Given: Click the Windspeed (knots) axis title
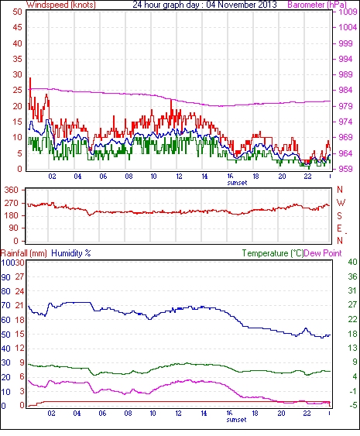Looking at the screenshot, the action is point(61,5).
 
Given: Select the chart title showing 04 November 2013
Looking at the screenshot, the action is point(204,5).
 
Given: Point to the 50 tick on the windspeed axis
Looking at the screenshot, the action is point(18,12).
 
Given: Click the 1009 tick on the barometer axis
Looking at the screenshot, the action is point(348,12).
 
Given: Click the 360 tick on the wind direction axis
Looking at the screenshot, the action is point(12,191).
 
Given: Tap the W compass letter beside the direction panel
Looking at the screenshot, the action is point(341,203).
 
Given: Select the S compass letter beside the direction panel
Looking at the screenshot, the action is point(339,216).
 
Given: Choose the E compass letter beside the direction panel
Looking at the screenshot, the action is point(339,228).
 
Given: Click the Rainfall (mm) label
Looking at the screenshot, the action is point(24,253).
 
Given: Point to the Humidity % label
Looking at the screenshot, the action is point(71,253).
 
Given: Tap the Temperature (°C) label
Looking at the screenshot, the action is point(273,253).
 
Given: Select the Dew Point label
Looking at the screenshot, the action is point(323,253).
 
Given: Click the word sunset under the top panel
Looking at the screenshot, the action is point(237,183).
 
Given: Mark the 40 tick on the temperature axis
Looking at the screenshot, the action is point(352,262).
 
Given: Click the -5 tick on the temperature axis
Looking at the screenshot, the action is point(352,405).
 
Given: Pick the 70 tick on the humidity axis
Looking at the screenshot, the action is point(6,305).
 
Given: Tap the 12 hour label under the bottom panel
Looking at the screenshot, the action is point(179,414).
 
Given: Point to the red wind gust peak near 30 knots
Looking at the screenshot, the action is point(30,78).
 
